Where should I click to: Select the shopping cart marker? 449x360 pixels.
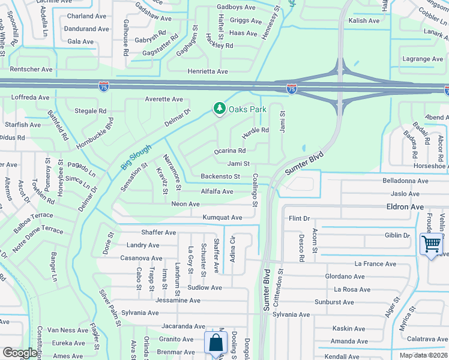coord(431,244)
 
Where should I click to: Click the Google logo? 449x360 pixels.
coord(20,353)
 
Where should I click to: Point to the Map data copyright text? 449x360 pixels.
coord(424,355)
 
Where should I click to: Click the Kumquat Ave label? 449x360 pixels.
coord(222,217)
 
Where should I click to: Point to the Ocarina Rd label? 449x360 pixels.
coord(230,151)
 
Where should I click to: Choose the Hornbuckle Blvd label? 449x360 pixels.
coord(95,133)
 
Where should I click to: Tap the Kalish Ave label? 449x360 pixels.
coord(364,21)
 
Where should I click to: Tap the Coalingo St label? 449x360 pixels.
coord(255,191)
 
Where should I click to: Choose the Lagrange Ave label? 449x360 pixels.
coord(423,59)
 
